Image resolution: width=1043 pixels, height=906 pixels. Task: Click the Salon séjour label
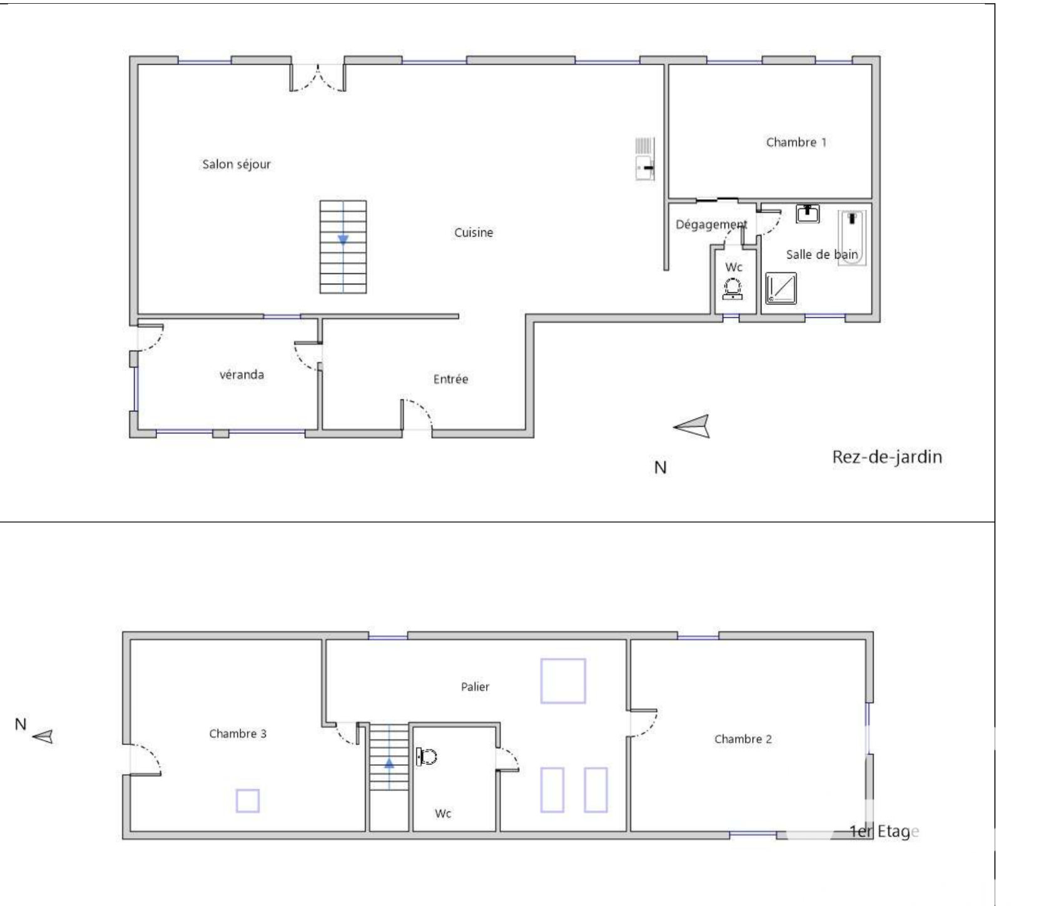click(x=237, y=165)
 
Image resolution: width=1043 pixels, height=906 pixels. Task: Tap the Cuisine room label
click(x=474, y=232)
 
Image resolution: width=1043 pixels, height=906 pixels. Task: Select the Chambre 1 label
click(x=796, y=142)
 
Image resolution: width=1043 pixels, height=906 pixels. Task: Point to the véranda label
click(x=242, y=374)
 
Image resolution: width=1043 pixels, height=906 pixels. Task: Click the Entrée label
click(x=450, y=379)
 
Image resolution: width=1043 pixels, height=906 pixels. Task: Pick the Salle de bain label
click(x=822, y=254)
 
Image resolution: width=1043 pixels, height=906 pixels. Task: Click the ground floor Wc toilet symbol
click(x=733, y=289)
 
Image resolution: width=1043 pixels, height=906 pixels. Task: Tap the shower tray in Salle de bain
click(x=781, y=288)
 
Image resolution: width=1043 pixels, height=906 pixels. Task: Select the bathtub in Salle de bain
click(x=852, y=237)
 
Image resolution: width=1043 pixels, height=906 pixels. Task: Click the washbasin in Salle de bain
click(x=808, y=213)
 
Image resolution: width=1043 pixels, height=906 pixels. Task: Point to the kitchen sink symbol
click(x=645, y=159)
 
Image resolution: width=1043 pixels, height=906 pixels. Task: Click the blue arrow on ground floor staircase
click(x=343, y=240)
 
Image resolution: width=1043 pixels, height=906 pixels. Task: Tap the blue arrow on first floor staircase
click(x=389, y=763)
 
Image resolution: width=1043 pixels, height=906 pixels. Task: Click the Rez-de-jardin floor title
click(x=887, y=457)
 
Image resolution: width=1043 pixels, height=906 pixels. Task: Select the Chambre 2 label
click(x=743, y=739)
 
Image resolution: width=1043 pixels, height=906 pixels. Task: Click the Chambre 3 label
click(x=238, y=733)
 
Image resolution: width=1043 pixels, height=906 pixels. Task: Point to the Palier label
click(x=475, y=686)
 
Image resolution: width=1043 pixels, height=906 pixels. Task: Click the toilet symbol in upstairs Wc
click(x=426, y=756)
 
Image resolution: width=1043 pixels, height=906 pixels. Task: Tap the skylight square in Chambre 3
click(x=248, y=801)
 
